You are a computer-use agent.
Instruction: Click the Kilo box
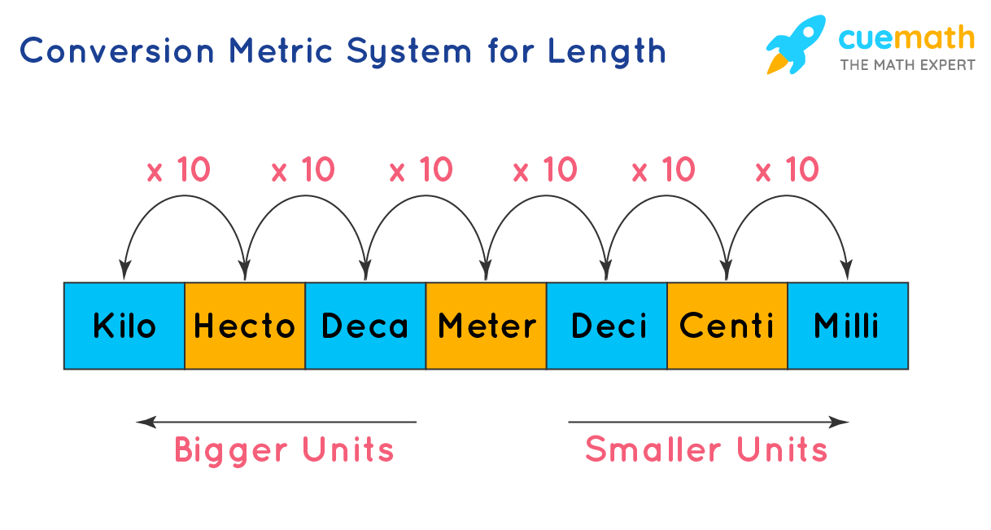click(124, 326)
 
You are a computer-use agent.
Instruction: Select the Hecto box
click(244, 326)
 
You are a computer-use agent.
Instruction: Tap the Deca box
click(365, 326)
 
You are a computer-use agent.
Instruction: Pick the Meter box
click(487, 326)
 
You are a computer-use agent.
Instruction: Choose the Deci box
click(607, 326)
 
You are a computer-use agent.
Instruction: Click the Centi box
click(727, 326)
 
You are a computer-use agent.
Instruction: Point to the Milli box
click(847, 326)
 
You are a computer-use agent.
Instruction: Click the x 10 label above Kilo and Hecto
click(178, 170)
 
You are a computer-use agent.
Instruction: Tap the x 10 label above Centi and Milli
click(787, 170)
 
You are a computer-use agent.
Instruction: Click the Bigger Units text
click(284, 450)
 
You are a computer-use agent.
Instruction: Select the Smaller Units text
click(706, 450)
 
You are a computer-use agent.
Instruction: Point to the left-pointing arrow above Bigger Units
click(276, 422)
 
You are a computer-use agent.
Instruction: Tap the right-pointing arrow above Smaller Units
click(708, 422)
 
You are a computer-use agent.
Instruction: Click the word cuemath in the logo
click(906, 37)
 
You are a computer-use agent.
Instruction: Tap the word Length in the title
click(606, 50)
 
